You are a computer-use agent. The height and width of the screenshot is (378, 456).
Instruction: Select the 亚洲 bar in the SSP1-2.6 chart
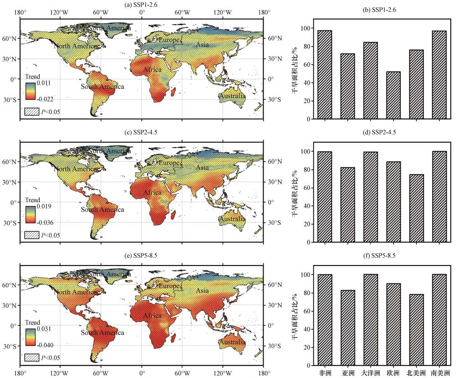pos(347,86)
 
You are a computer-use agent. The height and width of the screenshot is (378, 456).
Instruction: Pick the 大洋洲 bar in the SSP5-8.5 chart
pos(370,320)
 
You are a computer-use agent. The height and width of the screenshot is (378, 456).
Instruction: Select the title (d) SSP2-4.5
pos(382,133)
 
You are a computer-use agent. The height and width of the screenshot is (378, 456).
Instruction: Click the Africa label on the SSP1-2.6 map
pos(152,70)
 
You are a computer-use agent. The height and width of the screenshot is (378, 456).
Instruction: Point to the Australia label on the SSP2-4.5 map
pos(232,219)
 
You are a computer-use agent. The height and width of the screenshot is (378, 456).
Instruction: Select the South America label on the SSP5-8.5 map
pos(102,333)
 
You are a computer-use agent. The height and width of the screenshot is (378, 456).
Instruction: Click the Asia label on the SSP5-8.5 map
pos(203,291)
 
